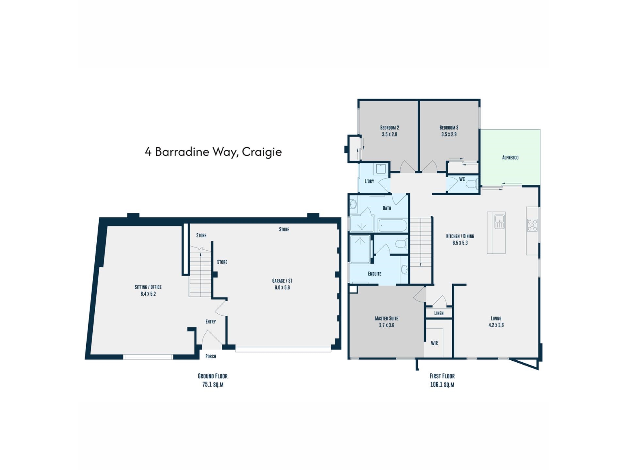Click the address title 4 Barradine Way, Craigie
pos(213,152)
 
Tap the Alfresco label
pos(510,158)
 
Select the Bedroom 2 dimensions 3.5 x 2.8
pos(389,134)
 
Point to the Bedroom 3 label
pos(449,128)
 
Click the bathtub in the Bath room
pos(393,225)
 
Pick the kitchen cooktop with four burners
pos(532,225)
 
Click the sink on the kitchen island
pos(500,221)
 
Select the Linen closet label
pos(439,313)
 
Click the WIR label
pos(434,343)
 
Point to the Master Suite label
pos(386,319)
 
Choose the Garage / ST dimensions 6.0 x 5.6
pos(282,288)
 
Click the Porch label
pos(211,356)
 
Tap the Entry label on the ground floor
pos(211,322)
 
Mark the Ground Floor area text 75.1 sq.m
pos(213,384)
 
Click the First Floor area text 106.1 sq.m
pos(442,384)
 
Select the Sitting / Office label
pos(148,287)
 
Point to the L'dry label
pos(369,181)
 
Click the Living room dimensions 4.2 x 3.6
pos(496,325)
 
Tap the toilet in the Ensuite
pos(401,244)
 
